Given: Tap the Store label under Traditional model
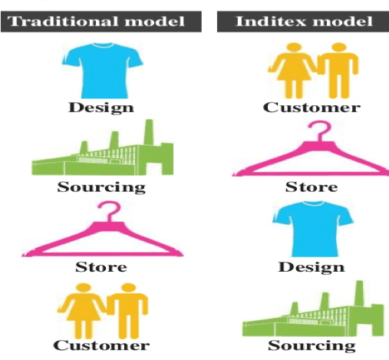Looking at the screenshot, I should [x=101, y=268].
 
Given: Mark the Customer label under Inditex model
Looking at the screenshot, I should [x=311, y=107].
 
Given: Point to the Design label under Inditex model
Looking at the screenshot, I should [x=311, y=267].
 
